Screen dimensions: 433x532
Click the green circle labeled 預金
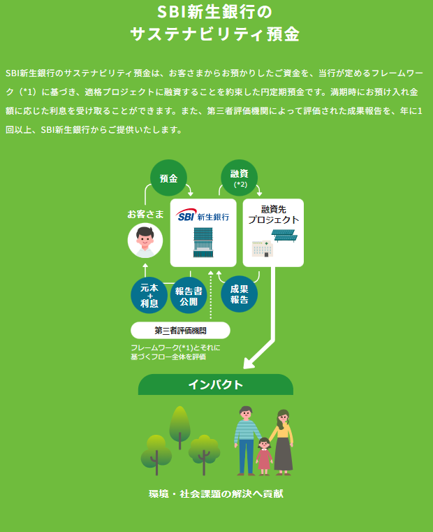pos(168,178)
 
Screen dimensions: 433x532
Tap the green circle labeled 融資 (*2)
pos(240,178)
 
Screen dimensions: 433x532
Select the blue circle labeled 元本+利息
pos(149,295)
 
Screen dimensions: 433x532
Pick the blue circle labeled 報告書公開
pos(189,295)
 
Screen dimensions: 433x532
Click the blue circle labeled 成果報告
pos(240,294)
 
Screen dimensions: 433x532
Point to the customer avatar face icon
pos(145,240)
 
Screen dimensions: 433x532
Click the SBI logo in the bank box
pos(186,215)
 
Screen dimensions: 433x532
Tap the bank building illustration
pos(203,243)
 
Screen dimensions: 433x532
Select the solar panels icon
pos(284,236)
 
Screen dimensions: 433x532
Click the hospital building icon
pos(263,249)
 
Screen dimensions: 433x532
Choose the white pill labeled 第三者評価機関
pos(180,331)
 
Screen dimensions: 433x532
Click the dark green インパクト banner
pos(216,384)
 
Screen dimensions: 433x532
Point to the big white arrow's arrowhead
pos(249,364)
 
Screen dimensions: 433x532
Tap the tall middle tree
pos(179,428)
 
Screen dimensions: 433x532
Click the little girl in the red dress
pos(264,456)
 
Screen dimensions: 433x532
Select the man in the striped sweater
pos(247,440)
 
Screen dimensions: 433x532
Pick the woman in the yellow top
pos(282,442)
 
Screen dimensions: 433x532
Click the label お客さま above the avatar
pos(145,214)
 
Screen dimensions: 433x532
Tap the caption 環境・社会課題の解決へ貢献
pos(216,494)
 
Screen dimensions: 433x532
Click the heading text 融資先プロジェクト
pos(273,215)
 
